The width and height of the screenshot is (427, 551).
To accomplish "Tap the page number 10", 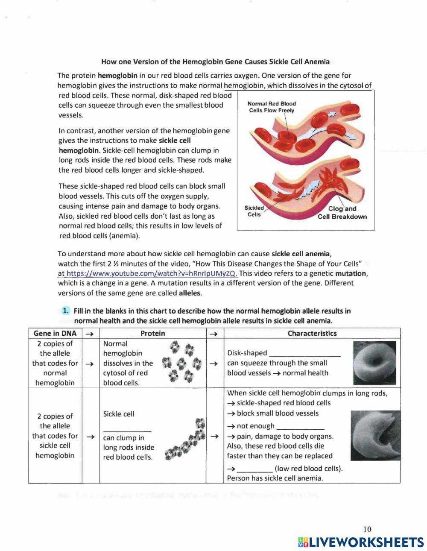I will (367, 529).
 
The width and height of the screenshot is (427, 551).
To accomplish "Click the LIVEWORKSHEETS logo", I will (361, 542).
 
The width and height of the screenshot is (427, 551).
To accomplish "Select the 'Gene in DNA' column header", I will (55, 333).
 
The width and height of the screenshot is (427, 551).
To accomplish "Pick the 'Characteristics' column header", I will (312, 333).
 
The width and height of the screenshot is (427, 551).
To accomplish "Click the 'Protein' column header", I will (152, 333).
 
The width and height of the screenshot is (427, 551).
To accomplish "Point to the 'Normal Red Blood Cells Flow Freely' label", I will (272, 107).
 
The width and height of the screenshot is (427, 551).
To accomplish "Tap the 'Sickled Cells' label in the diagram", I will (254, 211).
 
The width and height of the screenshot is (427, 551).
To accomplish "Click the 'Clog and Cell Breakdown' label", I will (342, 213).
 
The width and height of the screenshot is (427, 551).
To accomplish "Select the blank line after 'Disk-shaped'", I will (305, 354).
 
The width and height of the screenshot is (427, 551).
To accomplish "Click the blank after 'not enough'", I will (300, 427).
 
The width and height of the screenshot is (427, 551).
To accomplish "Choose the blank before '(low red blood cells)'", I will (254, 469).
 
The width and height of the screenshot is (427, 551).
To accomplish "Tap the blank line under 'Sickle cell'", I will (127, 428).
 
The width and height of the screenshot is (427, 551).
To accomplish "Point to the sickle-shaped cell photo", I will (375, 436).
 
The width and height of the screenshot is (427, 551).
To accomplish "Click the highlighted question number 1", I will (65, 311).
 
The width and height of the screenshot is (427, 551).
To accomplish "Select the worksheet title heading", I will (215, 62).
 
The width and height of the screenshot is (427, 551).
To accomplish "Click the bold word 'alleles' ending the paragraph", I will (190, 293).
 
